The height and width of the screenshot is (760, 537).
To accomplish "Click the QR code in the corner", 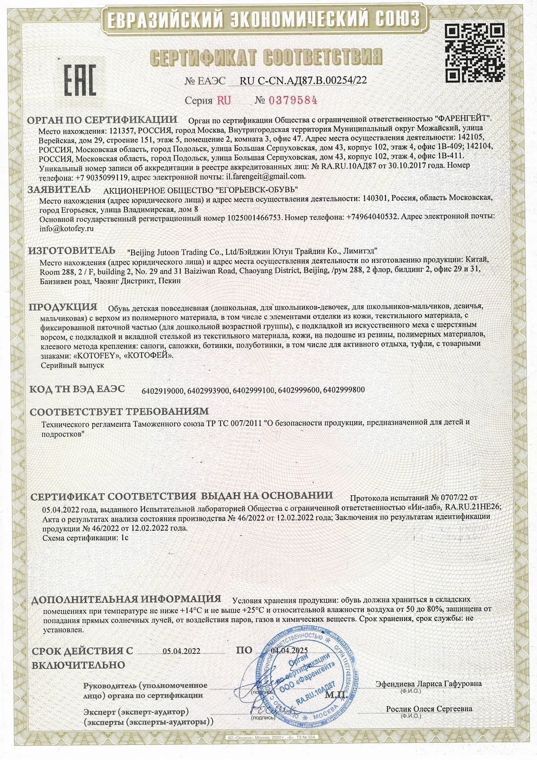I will (475, 53).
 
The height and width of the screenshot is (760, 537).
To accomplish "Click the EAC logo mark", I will (80, 81).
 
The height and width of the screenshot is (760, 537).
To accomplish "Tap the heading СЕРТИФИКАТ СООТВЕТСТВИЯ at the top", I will (266, 58).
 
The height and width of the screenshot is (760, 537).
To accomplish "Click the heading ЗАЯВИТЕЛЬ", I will (59, 189).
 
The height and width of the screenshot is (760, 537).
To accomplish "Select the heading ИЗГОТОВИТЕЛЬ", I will (71, 250).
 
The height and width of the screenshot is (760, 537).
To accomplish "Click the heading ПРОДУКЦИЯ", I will (63, 307).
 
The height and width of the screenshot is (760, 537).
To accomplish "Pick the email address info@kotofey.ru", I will (66, 228).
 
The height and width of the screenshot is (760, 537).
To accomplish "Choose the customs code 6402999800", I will (344, 390).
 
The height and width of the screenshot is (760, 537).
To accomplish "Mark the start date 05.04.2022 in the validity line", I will (181, 651).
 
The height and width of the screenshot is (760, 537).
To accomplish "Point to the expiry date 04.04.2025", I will (289, 650).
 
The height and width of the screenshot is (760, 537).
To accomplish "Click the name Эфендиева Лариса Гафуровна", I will (428, 683).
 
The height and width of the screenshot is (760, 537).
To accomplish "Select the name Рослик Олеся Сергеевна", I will (429, 709).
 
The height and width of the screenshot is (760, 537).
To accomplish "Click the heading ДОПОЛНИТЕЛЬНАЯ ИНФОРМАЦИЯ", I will (126, 600).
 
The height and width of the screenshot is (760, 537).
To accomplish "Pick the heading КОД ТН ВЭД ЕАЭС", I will (77, 389).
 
